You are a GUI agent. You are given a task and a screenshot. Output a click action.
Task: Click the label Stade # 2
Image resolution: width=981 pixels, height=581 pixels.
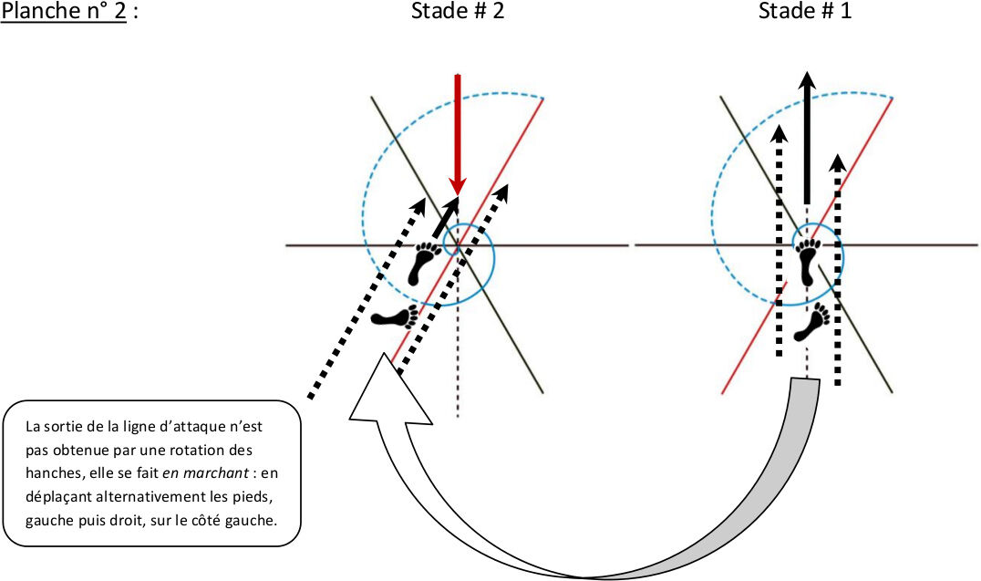457,12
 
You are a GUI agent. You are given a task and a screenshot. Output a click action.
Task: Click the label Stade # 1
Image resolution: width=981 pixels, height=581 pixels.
805,12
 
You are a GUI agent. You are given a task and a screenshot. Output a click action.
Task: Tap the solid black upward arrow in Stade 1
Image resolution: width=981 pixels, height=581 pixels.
806,137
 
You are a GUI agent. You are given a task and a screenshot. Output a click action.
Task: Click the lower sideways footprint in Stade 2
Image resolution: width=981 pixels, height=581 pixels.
395,317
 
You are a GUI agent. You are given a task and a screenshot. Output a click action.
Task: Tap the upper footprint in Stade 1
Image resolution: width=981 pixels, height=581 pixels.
808,263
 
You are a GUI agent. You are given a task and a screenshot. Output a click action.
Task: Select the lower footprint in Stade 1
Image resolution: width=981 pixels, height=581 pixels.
813,321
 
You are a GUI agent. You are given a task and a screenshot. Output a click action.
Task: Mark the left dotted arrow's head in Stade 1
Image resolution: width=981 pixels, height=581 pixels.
779,134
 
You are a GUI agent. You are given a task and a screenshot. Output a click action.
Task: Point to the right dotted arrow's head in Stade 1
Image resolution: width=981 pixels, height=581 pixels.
839,164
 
